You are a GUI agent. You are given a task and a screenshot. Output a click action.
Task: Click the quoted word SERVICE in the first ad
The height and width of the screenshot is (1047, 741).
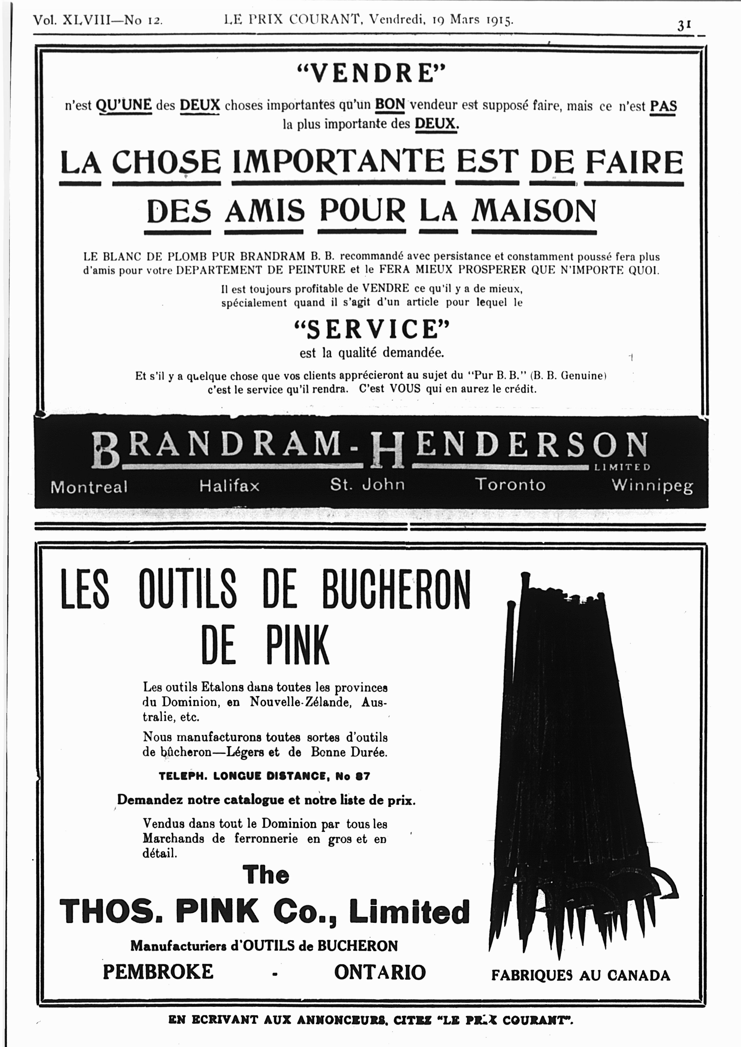(x=372, y=329)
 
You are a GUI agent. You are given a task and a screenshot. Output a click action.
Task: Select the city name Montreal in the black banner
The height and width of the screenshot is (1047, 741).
(x=89, y=487)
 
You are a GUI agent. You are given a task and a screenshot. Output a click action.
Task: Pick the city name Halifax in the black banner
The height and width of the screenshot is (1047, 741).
(x=229, y=486)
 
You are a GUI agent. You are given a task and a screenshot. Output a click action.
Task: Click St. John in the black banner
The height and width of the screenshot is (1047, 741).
(x=367, y=484)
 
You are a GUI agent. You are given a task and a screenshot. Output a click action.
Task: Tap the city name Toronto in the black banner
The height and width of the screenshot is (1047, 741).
(x=510, y=484)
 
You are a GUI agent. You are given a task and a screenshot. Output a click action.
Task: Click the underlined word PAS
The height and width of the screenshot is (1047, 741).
(x=663, y=106)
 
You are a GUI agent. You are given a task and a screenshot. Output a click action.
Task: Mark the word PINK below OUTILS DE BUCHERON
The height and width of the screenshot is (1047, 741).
(x=297, y=645)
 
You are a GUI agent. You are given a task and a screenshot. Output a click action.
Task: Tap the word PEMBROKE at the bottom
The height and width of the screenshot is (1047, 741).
(x=158, y=972)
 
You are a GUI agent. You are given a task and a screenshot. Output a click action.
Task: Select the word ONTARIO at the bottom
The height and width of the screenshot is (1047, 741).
(x=380, y=972)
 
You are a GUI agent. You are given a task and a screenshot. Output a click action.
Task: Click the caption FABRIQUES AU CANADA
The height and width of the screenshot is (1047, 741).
(x=580, y=975)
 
